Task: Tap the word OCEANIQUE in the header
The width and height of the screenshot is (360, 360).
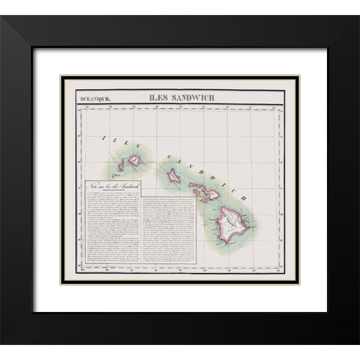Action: pos(92,97)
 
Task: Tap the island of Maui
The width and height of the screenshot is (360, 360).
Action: pos(212,195)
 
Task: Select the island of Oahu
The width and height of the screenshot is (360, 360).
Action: pos(174,176)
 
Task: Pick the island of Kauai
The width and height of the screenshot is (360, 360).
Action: pos(136,160)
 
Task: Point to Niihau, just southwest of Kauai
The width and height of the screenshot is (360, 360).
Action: pos(121,163)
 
